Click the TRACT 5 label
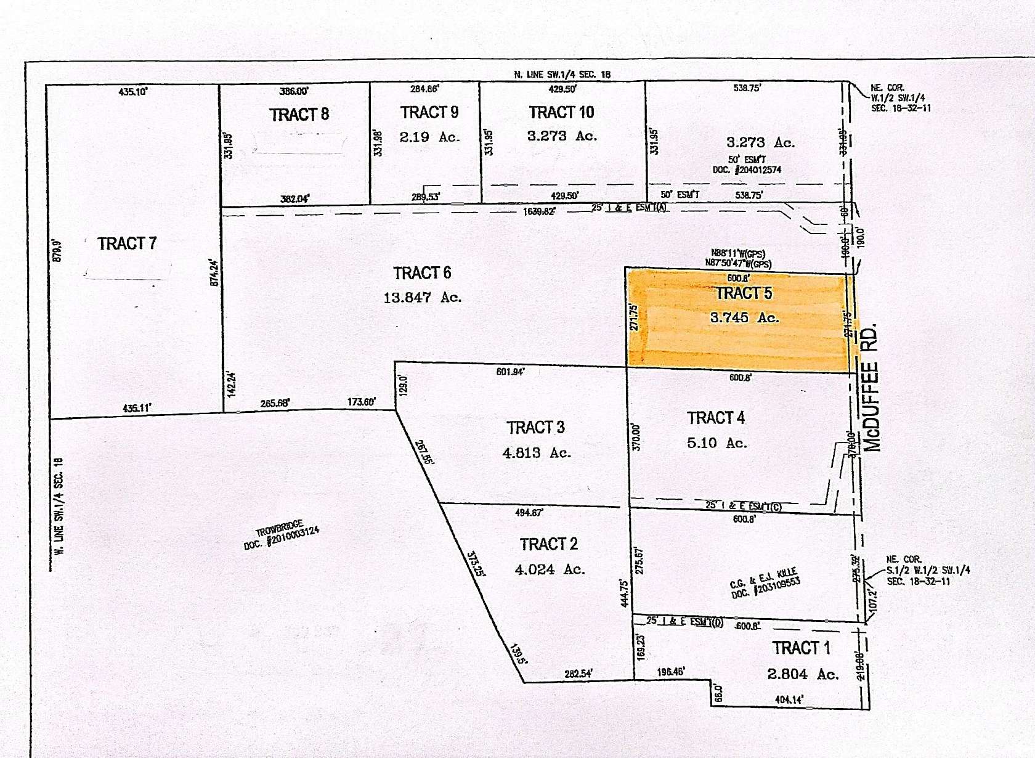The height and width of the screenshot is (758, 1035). click(744, 293)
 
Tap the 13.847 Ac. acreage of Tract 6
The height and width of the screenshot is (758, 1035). click(422, 298)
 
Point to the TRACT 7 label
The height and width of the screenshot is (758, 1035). click(127, 243)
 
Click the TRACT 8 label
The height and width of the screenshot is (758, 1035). click(299, 115)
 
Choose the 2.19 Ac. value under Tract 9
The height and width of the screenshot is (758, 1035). click(429, 137)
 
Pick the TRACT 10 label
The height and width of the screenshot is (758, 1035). click(561, 112)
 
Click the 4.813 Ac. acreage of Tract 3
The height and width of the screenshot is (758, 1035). click(537, 453)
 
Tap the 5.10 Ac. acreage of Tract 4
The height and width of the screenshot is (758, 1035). click(716, 443)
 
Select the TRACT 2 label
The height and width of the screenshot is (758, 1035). click(548, 544)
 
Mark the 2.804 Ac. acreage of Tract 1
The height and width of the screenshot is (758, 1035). click(803, 674)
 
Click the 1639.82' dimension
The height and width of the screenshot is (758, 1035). click(539, 211)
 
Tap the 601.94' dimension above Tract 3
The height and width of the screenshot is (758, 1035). click(510, 372)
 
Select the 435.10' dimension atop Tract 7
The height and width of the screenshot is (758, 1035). click(133, 92)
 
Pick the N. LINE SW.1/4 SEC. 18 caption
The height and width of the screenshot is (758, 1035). click(562, 75)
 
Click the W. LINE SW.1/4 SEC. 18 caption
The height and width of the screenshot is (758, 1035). click(60, 506)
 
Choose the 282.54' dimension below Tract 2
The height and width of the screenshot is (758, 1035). click(578, 674)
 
